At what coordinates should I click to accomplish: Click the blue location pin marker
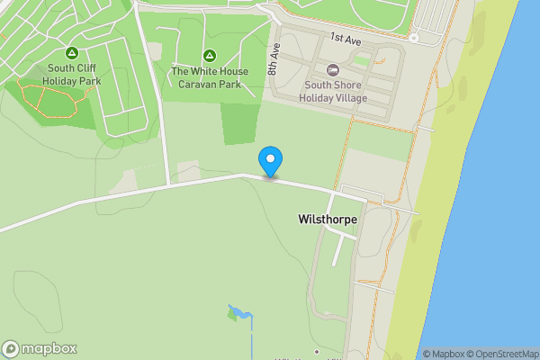click(x=270, y=161)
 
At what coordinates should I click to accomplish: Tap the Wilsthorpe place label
click(x=327, y=219)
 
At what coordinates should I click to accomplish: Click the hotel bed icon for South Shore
click(x=332, y=69)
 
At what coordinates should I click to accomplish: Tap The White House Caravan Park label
click(x=209, y=78)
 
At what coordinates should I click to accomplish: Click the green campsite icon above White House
click(x=209, y=56)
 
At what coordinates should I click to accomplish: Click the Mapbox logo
click(x=40, y=349)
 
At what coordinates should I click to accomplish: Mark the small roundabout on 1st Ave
click(x=413, y=38)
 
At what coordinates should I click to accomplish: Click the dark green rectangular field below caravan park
click(x=238, y=123)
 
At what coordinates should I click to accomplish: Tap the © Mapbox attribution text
click(x=440, y=354)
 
